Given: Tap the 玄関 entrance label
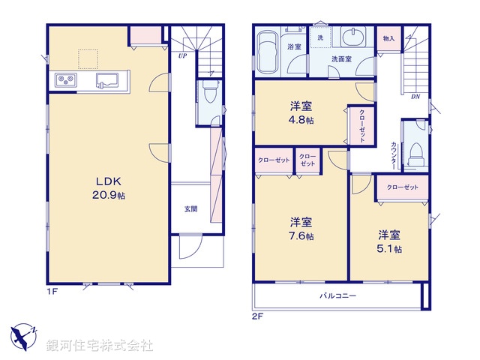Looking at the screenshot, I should pos(191,209).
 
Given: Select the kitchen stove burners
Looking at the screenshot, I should pos(63,80).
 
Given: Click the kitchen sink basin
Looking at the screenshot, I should pos(107,80).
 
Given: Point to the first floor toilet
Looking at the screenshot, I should pos(208,96).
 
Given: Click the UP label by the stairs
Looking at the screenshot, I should pos(182,55).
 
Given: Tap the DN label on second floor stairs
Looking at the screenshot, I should pos(415,97).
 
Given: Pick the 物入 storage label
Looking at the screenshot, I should pos(388,38).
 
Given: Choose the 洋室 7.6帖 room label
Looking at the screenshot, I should pos(301,229).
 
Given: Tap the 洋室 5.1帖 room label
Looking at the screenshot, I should pos(389,241).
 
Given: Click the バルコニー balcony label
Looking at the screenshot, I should pos(338,296).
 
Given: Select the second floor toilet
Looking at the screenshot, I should pos(415,153).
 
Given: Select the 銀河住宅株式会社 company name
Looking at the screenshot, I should pos(100,346).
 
